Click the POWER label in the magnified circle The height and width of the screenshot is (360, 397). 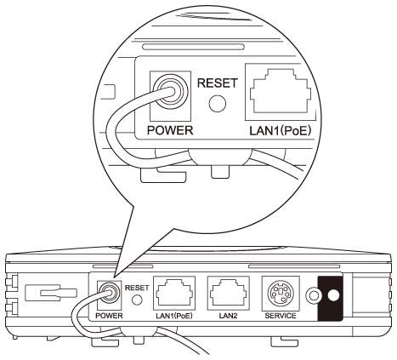point(170,130)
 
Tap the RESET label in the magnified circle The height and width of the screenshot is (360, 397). point(218,83)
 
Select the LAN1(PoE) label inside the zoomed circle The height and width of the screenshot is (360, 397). point(281,130)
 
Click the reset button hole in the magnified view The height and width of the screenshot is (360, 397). point(218,103)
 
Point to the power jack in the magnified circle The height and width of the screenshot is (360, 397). point(171,91)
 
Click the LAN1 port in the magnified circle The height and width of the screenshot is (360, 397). point(280,91)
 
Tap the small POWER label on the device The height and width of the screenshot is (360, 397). point(109,316)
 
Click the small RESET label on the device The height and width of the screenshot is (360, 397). point(137,288)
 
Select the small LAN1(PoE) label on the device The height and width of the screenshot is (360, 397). point(174,316)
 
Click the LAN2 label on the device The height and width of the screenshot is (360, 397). point(228,316)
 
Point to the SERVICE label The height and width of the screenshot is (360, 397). point(281,316)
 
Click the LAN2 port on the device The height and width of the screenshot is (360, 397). point(229,294)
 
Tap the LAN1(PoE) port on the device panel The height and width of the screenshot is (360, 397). point(174,294)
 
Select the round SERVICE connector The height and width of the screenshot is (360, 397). point(281,294)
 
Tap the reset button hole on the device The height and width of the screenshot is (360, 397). point(137,300)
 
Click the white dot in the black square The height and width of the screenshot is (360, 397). point(333,296)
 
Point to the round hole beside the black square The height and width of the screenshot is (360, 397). point(313,296)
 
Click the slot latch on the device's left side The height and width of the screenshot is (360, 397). point(51,294)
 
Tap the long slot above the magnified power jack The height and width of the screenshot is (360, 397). point(193,47)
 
